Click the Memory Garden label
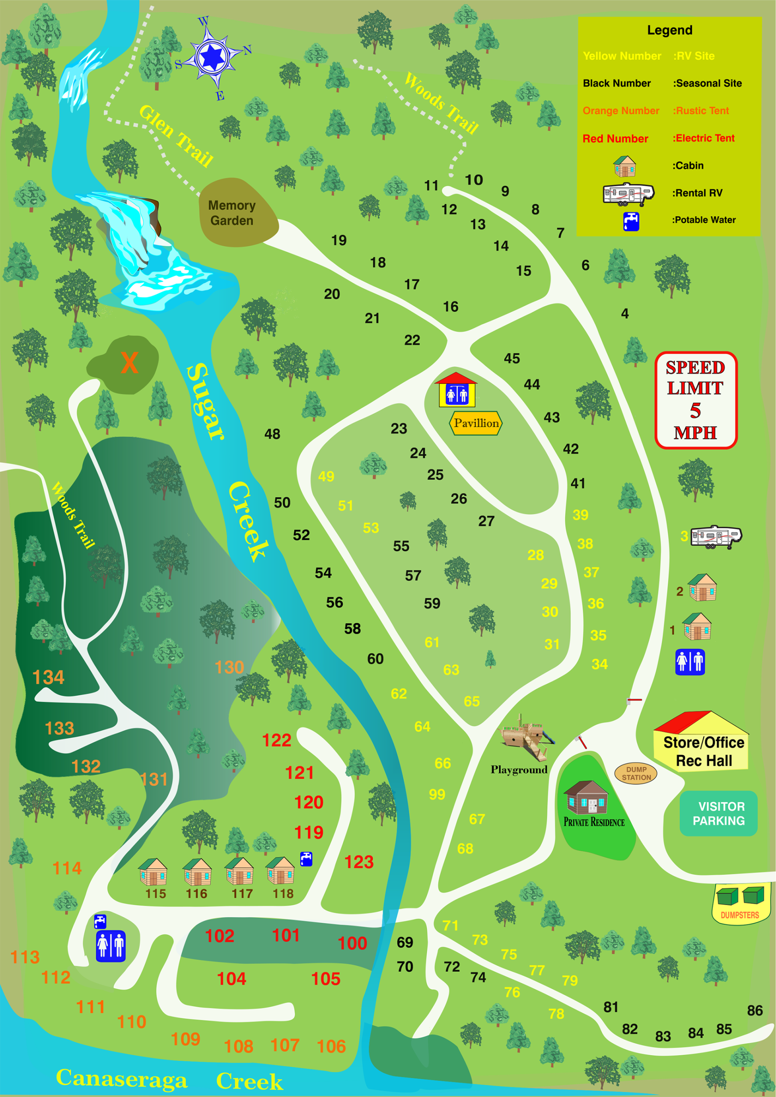coord(232,213)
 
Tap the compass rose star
coord(212,57)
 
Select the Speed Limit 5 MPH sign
coord(695,400)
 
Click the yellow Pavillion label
coord(476,423)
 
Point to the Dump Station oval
coord(635,773)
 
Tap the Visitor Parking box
coord(718,813)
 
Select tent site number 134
coord(48,677)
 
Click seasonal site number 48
coord(273,434)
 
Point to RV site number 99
coord(437,794)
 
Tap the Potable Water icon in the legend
coord(631,221)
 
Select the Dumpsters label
coord(739,914)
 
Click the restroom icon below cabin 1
coord(689,662)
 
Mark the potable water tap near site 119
coord(306,859)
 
